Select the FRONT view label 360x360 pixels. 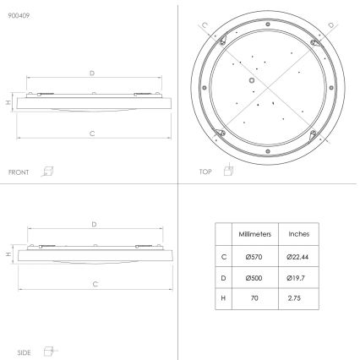[19, 172]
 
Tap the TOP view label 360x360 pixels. [205, 172]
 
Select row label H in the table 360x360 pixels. [223, 297]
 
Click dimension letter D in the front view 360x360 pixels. [91, 74]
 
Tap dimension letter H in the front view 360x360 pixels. [8, 102]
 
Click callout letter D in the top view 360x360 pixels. [330, 25]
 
